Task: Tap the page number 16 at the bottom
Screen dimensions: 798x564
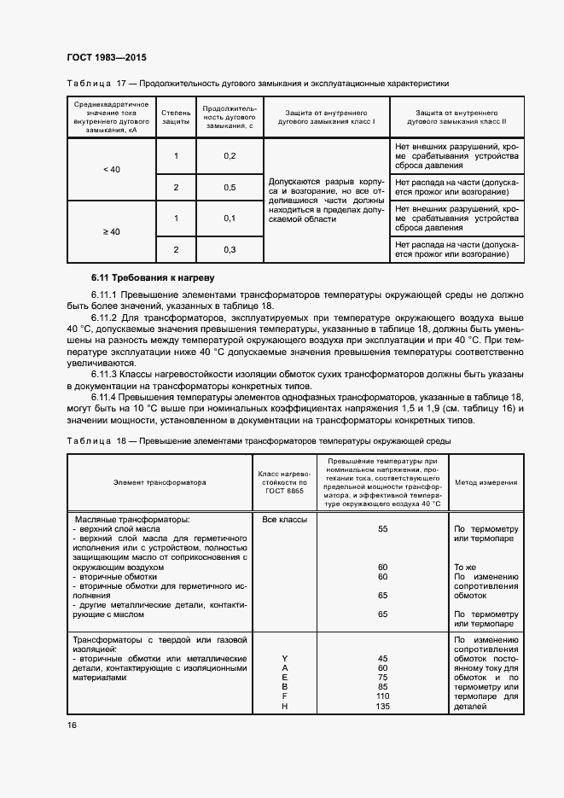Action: point(72,725)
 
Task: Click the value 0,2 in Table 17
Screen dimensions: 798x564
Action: point(229,155)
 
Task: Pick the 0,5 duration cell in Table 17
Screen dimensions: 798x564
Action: point(229,187)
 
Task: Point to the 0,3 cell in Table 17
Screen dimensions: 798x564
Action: point(229,249)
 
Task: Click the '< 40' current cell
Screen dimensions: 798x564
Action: point(111,170)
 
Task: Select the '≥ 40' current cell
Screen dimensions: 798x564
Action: point(111,232)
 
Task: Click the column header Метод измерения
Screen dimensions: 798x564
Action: point(486,482)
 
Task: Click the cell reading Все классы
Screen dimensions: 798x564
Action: point(277,519)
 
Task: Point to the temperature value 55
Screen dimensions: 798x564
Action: point(382,529)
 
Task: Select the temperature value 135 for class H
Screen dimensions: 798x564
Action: point(382,706)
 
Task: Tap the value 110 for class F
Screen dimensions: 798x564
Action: point(382,696)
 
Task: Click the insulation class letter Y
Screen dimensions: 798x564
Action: point(285,658)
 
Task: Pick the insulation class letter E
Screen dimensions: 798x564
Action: point(285,678)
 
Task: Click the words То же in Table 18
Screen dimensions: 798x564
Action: point(465,567)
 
